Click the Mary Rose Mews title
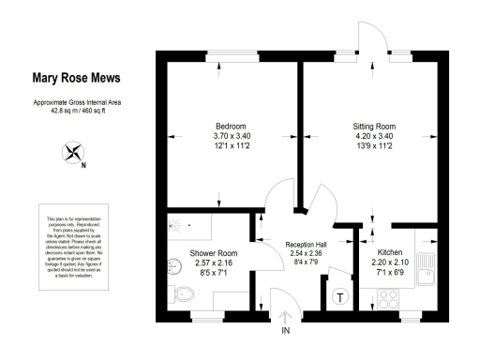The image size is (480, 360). pos(77,79)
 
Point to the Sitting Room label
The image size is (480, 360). pos(373,126)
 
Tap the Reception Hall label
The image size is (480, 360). pos(305,244)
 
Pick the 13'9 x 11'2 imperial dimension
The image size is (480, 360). pos(373,146)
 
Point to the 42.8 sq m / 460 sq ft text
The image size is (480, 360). pos(77,109)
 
